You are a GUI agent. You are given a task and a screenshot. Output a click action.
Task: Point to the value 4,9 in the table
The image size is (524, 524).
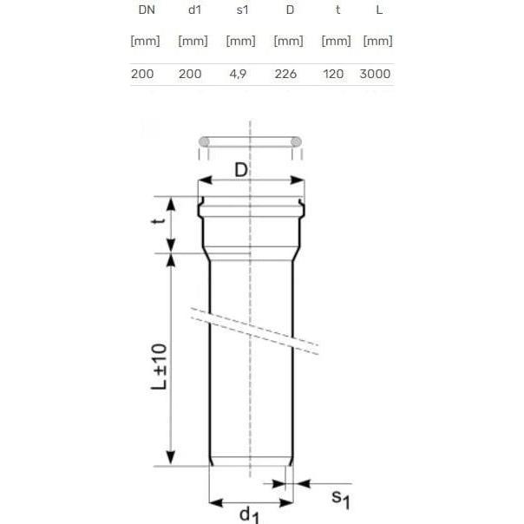click(x=238, y=74)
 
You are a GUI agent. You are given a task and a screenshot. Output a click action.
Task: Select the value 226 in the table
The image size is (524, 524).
click(x=285, y=74)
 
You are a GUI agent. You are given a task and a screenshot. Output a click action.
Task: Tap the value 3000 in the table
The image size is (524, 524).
click(x=376, y=74)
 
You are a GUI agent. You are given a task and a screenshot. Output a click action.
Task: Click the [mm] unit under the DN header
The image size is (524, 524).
click(x=142, y=41)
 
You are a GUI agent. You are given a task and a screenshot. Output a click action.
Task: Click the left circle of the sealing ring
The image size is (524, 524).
click(x=204, y=141)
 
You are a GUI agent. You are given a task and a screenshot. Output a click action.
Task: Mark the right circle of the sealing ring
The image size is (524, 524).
click(x=296, y=141)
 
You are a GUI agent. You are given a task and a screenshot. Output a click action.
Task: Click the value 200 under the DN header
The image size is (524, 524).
click(x=142, y=74)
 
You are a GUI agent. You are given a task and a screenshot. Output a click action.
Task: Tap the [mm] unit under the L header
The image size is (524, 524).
click(x=377, y=41)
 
